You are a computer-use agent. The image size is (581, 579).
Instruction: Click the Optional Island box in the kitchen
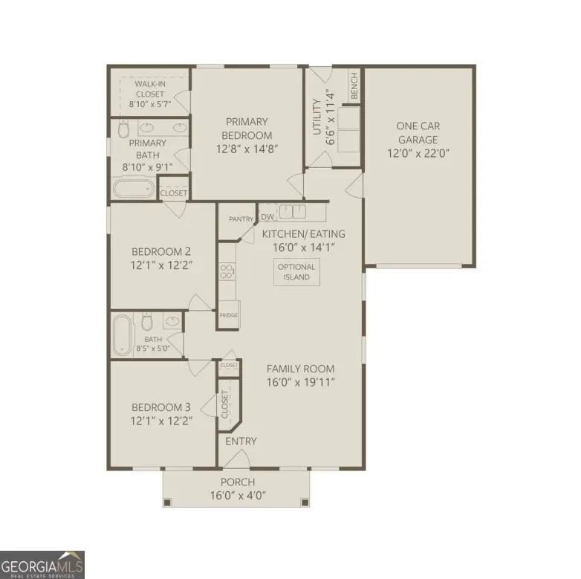point(296,272)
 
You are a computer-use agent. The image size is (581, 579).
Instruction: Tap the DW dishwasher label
point(267,218)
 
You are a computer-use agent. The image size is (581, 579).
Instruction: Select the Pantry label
point(241,219)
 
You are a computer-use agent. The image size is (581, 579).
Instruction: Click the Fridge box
point(228,316)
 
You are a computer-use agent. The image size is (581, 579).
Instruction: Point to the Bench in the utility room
point(354,88)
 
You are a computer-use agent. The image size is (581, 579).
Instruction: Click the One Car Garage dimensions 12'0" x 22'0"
point(418,154)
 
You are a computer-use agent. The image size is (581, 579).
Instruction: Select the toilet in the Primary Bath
point(123,130)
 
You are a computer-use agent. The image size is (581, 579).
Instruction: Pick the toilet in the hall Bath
point(147,322)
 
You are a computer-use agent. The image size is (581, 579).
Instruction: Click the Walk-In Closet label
point(149,94)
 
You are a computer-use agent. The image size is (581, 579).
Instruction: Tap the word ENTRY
point(241,441)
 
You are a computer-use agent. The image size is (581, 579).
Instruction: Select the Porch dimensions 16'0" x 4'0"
point(236,495)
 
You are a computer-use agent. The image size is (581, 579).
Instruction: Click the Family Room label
point(300,369)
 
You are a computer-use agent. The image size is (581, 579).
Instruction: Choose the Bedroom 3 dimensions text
point(161,421)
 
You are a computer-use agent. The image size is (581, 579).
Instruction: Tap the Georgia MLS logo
point(42,564)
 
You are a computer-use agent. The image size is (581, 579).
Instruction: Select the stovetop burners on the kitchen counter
point(226,272)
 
